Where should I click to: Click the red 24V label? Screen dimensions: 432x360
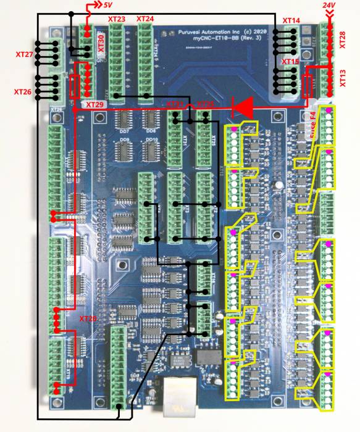[x=329, y=6]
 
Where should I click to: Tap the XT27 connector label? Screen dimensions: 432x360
[x=24, y=55]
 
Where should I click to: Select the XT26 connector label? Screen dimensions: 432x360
[x=23, y=92]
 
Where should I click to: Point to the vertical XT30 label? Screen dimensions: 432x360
[x=101, y=43]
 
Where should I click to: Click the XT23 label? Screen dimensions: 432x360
[x=117, y=19]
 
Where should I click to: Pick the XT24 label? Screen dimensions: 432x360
[x=144, y=19]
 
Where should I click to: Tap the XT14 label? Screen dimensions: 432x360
[x=291, y=21]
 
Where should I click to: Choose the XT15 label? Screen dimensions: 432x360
[x=290, y=62]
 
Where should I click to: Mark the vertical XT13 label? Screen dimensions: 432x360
[x=343, y=79]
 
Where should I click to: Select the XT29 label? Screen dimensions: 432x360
[x=96, y=106]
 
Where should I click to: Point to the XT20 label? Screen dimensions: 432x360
[x=88, y=319]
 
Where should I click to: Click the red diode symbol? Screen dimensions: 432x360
[x=242, y=107]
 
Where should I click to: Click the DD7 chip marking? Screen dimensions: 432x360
[x=123, y=132]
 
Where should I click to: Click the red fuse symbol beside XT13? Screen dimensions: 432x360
[x=309, y=85]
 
